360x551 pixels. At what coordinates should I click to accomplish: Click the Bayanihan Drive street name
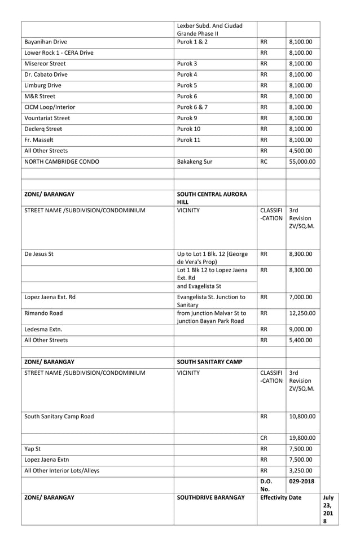pyautogui.click(x=50, y=42)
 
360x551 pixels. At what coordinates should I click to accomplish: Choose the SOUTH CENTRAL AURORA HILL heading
pyautogui.click(x=212, y=198)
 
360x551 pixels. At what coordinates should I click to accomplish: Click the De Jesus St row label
pyautogui.click(x=39, y=255)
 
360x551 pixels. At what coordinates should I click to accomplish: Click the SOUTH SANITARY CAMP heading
pyautogui.click(x=210, y=361)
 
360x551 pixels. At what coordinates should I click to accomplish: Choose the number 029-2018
pyautogui.click(x=302, y=482)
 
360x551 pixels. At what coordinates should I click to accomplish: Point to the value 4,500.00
pyautogui.click(x=300, y=151)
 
